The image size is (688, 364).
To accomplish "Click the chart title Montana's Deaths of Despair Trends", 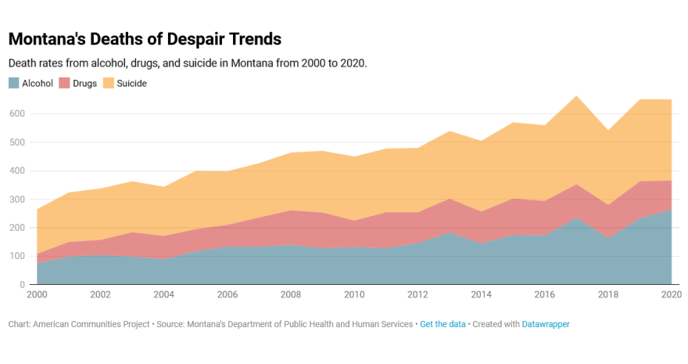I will click(x=145, y=38).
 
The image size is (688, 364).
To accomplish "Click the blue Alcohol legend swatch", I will click(x=13, y=83).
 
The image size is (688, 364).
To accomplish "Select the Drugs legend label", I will click(x=85, y=83).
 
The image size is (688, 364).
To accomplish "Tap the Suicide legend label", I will click(x=131, y=83).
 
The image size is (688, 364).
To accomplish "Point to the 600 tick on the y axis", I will click(x=16, y=114).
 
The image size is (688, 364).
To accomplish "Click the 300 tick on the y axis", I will click(x=16, y=199).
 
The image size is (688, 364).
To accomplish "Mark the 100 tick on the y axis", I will click(x=16, y=256).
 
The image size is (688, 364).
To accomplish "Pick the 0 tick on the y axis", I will click(x=23, y=285).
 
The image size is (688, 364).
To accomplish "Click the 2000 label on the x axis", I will click(x=38, y=295).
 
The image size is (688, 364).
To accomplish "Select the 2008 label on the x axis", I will click(x=290, y=295).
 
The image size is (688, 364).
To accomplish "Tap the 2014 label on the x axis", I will click(x=480, y=295).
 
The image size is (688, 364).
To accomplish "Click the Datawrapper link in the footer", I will click(x=546, y=324).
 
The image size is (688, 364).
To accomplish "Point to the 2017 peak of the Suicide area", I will click(x=576, y=96).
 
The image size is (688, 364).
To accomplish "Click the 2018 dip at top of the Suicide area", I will click(x=608, y=130).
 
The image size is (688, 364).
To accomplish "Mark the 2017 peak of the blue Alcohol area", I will click(x=576, y=218).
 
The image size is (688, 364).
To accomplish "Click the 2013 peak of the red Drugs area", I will click(x=450, y=199).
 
